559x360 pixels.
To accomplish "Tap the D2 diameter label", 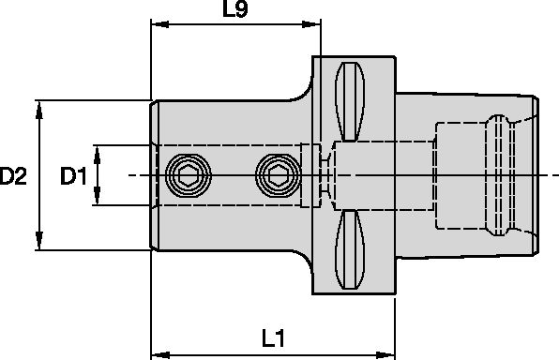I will click(x=13, y=174).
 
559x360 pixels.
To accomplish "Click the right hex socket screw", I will click(x=277, y=173).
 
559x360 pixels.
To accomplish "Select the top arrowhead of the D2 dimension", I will click(x=39, y=106).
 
